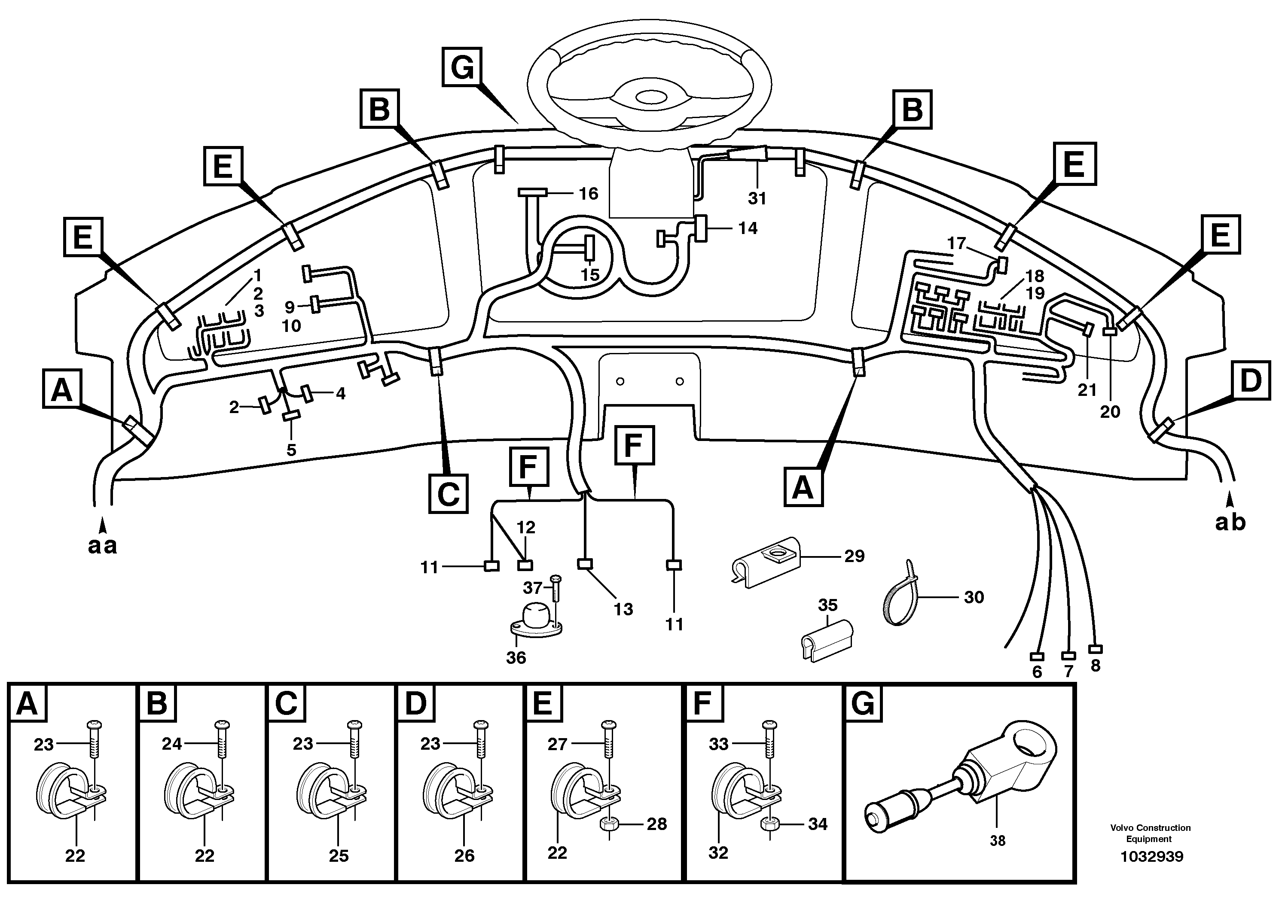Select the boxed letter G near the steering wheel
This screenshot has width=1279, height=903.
pyautogui.click(x=462, y=67)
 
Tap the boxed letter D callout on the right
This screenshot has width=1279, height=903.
pyautogui.click(x=1251, y=381)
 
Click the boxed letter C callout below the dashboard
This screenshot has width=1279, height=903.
pyautogui.click(x=448, y=494)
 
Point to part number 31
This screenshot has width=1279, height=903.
pyautogui.click(x=757, y=198)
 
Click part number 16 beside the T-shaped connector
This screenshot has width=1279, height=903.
pyautogui.click(x=588, y=194)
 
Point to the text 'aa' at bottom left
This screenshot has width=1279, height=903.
pyautogui.click(x=103, y=546)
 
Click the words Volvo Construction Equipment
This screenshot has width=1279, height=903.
pyautogui.click(x=1150, y=833)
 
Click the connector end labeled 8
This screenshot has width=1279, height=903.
pyautogui.click(x=1095, y=650)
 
